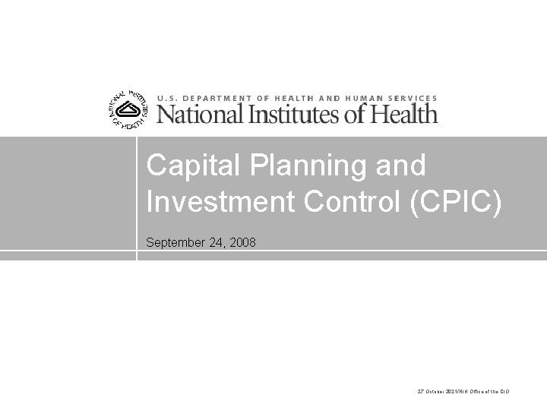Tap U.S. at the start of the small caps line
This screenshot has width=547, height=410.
[x=166, y=98]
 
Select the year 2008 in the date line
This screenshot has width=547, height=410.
[x=242, y=244]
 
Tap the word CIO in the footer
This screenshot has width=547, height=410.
[x=504, y=391]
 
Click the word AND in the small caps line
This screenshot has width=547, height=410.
[x=328, y=98]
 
